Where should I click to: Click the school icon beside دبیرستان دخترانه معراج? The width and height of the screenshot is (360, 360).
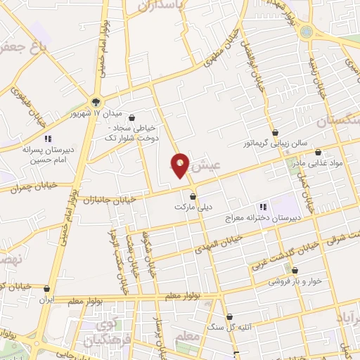(x=263, y=207)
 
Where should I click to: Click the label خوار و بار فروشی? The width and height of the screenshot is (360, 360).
(x=295, y=280)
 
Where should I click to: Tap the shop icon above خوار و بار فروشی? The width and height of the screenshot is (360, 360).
(x=295, y=269)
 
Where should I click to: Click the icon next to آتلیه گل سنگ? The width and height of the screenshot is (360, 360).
(x=231, y=316)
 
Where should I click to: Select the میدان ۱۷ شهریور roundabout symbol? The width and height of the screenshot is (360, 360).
(x=96, y=101)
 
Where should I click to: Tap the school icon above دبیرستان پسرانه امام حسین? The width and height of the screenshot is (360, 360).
(x=48, y=139)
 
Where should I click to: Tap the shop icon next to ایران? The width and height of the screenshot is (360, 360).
(x=47, y=288)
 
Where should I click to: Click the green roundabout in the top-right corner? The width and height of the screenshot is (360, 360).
(x=306, y=31)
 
